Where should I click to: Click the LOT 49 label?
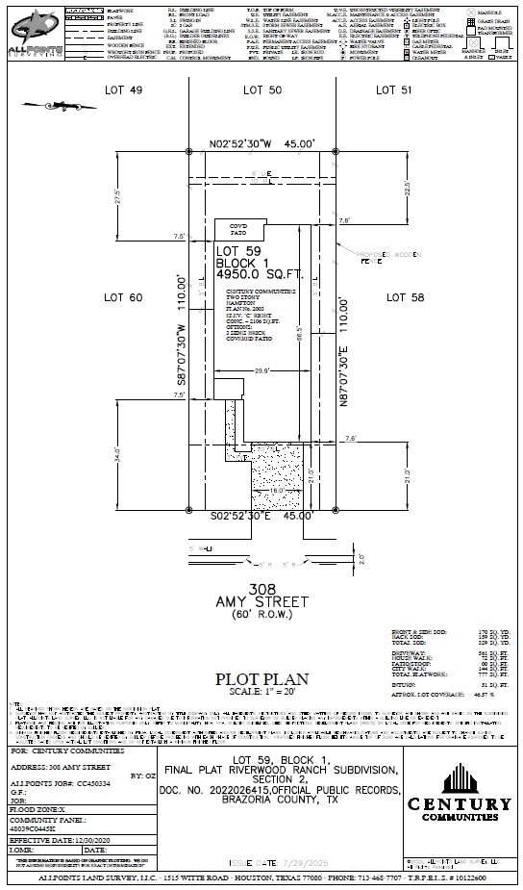(x=123, y=89)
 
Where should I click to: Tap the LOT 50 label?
(x=261, y=89)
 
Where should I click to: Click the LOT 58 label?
(x=405, y=298)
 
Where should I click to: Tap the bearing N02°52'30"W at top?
(x=262, y=143)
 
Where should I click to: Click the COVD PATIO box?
(x=237, y=228)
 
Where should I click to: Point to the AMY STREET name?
(x=261, y=601)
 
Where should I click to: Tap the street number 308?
(x=261, y=587)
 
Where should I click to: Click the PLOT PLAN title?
(x=261, y=677)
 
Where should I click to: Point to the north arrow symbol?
(x=45, y=104)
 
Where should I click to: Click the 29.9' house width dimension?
(x=260, y=369)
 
